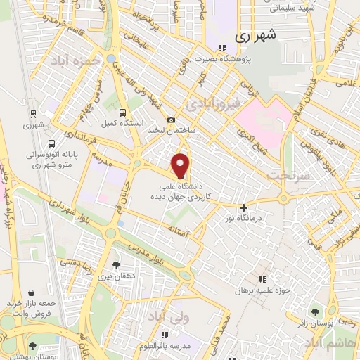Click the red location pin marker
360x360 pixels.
click(181, 166)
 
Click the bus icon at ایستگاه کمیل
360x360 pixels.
click(124, 112)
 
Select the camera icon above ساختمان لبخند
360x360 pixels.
click(171, 121)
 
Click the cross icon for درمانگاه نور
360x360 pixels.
click(244, 207)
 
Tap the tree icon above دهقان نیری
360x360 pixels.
click(116, 265)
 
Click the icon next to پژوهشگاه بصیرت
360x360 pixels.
click(222, 49)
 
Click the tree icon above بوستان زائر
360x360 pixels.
click(314, 311)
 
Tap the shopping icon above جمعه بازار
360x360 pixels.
click(31, 291)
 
